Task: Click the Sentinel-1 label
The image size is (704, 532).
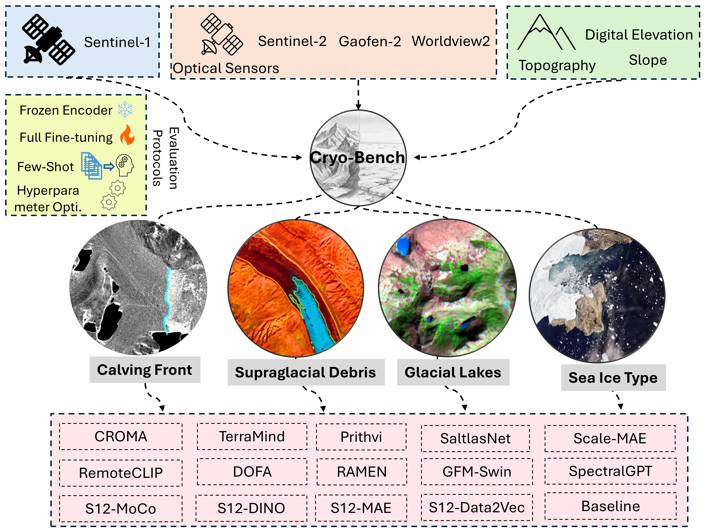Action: tap(117, 42)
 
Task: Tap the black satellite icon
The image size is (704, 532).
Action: tap(48, 40)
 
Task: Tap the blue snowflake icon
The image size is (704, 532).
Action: tap(125, 109)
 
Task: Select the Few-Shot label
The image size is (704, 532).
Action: tap(45, 167)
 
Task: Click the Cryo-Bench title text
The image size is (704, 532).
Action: tap(357, 157)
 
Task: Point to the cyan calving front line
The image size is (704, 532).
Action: tap(167, 299)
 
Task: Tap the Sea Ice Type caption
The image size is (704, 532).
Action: tap(613, 378)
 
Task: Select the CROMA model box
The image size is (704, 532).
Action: tap(121, 436)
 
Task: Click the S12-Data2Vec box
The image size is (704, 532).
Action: tap(476, 507)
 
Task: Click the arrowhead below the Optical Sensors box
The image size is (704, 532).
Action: tap(358, 107)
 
